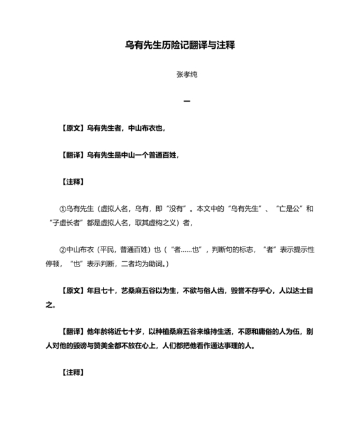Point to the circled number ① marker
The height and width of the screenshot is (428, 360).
click(x=62, y=209)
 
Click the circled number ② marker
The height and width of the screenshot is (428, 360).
click(x=62, y=248)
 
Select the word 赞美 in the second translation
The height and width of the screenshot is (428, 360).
click(x=114, y=345)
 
